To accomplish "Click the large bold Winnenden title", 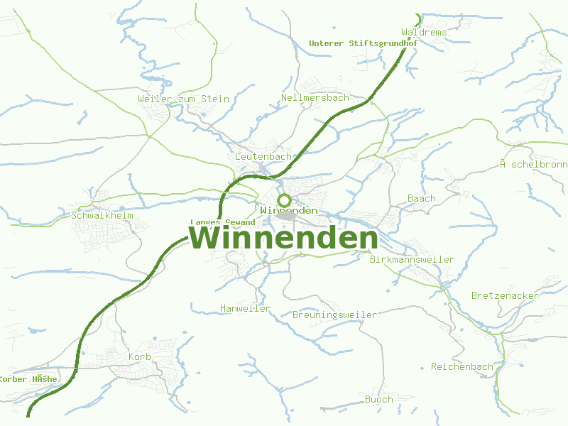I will click(283, 239).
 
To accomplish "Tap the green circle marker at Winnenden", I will click(284, 200).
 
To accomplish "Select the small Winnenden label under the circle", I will click(288, 211).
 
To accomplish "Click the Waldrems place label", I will click(424, 33).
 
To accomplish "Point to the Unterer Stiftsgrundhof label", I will click(363, 43).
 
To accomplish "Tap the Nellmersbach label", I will click(315, 97).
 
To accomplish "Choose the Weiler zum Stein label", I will click(183, 99).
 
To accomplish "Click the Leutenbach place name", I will click(263, 156).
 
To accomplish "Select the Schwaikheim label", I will click(102, 215).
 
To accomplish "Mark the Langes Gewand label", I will click(222, 222).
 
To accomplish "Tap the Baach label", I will click(422, 198).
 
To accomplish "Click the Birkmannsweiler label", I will click(412, 259).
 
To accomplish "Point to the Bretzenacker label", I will click(505, 295).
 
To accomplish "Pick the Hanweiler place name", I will click(245, 308).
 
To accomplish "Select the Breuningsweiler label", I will click(334, 315).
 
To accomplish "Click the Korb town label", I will click(139, 356).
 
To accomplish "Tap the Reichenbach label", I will click(461, 366).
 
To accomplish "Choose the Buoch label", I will click(378, 399).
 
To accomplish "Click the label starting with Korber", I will click(28, 379).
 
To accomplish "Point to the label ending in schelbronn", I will click(533, 165).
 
